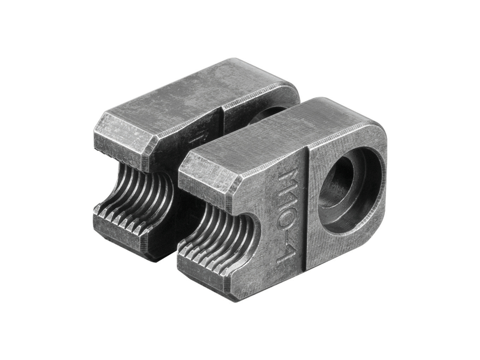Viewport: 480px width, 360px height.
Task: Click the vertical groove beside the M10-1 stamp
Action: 306,210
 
